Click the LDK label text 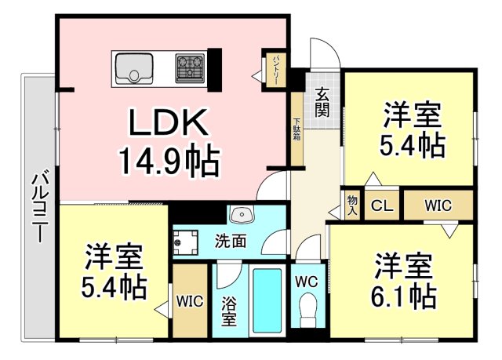tap(168, 124)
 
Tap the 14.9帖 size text tap(168, 161)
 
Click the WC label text tap(307, 281)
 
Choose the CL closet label tap(382, 206)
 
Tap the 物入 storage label tap(352, 206)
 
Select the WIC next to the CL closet tap(438, 206)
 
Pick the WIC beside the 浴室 tap(190, 300)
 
